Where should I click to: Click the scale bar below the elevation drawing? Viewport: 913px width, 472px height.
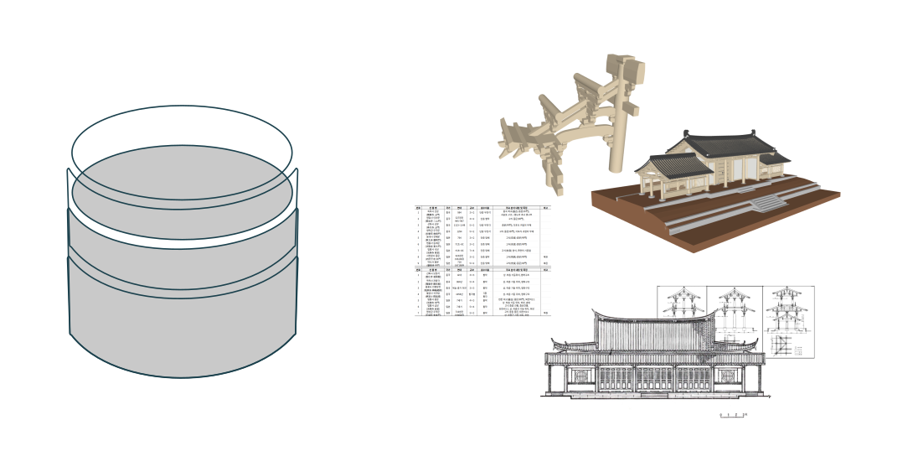click(734, 414)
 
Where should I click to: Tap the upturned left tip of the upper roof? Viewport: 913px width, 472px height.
click(594, 313)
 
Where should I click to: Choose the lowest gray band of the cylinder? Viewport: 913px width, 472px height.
click(183, 323)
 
